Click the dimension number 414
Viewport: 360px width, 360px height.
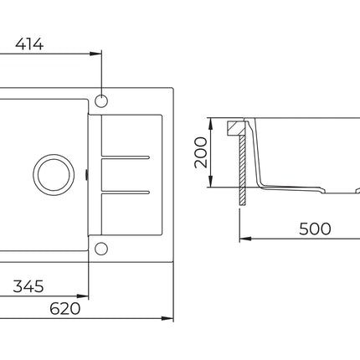29,44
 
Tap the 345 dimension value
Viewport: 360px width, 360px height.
28,286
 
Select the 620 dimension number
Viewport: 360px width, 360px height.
65,308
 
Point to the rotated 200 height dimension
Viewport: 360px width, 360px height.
201,152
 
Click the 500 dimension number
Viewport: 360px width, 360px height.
315,229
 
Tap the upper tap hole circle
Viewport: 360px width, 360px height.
101,101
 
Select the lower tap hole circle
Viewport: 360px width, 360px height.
101,249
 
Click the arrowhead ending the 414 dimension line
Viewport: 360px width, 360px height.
95,54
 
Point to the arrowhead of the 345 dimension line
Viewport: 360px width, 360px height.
83,296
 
